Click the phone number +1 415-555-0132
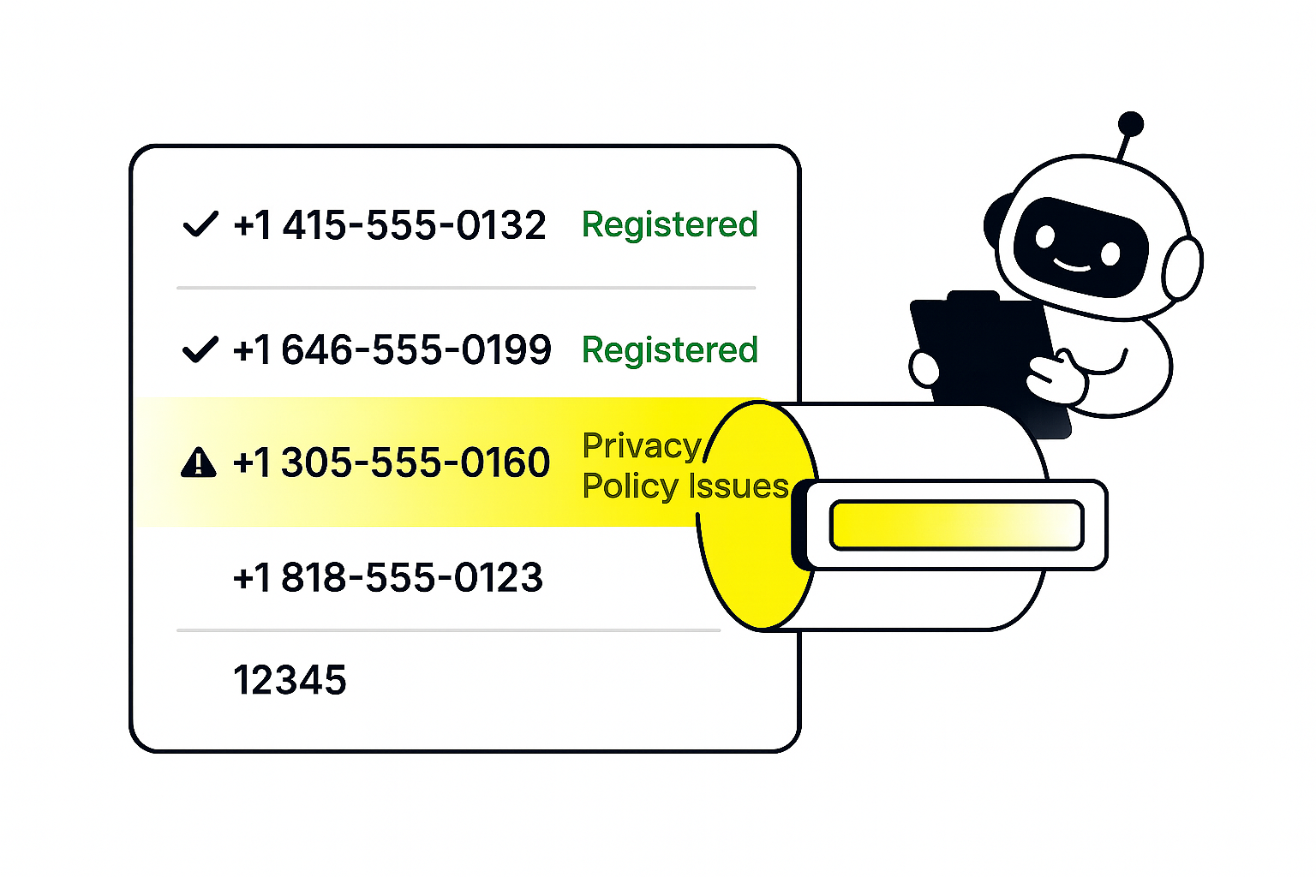[x=389, y=225]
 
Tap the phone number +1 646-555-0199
[x=392, y=350]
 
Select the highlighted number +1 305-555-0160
[x=392, y=463]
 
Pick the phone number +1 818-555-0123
[x=387, y=578]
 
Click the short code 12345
[x=290, y=681]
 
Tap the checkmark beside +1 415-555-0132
[x=200, y=225]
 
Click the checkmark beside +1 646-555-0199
[x=200, y=350]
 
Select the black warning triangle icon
[x=199, y=462]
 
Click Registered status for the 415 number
[x=669, y=225]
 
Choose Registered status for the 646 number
[x=669, y=350]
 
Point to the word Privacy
[x=641, y=446]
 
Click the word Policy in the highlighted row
[x=631, y=486]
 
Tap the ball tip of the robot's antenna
[x=1131, y=123]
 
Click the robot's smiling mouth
[x=1073, y=265]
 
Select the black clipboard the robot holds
[x=985, y=351]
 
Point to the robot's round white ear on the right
[x=1182, y=267]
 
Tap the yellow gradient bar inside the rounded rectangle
[x=956, y=525]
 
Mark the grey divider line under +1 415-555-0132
[x=465, y=289]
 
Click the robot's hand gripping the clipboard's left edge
[x=924, y=369]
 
